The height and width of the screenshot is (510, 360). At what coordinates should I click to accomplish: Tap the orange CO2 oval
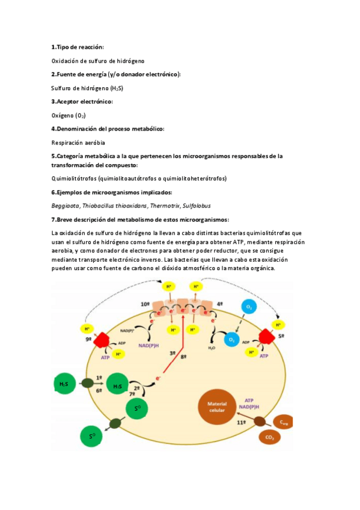(269, 437)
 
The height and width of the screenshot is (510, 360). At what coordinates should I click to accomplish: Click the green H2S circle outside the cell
(64, 383)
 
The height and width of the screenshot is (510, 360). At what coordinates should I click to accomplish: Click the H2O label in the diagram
(212, 348)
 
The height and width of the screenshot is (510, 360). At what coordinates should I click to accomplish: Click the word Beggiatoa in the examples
(65, 205)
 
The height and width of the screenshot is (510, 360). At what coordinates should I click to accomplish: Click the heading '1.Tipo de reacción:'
(78, 47)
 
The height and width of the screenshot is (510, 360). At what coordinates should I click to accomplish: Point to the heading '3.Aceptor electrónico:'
(82, 102)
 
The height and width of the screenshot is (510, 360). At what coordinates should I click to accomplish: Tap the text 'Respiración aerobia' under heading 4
(78, 143)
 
